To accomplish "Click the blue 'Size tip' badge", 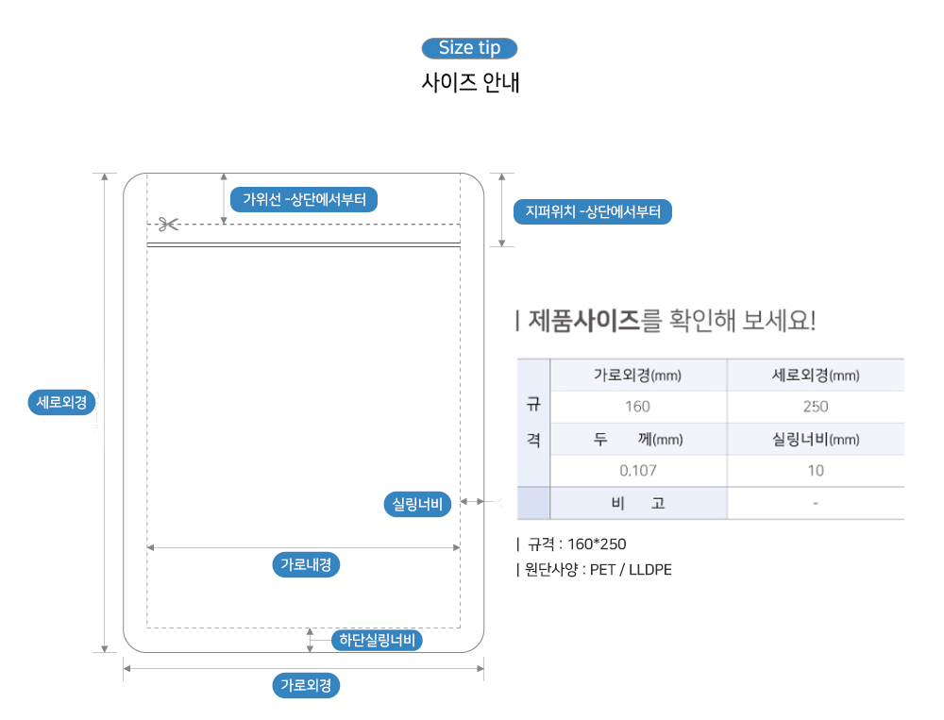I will tap(469, 48).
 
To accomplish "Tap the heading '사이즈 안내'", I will tap(470, 82).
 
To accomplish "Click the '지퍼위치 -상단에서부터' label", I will tap(593, 211).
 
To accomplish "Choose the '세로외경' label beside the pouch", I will tap(61, 402).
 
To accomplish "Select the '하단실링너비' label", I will tap(377, 641).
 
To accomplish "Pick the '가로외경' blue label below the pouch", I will tap(306, 685).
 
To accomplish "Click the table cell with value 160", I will tap(637, 407).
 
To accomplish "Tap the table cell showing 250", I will tap(815, 407).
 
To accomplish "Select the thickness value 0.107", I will tap(637, 470).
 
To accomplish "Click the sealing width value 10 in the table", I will tap(815, 470).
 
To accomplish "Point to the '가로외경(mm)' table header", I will tap(637, 376).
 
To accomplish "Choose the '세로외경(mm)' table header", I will tap(815, 376).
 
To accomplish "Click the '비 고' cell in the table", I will tap(637, 503).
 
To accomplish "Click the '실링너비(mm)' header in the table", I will tap(815, 439).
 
